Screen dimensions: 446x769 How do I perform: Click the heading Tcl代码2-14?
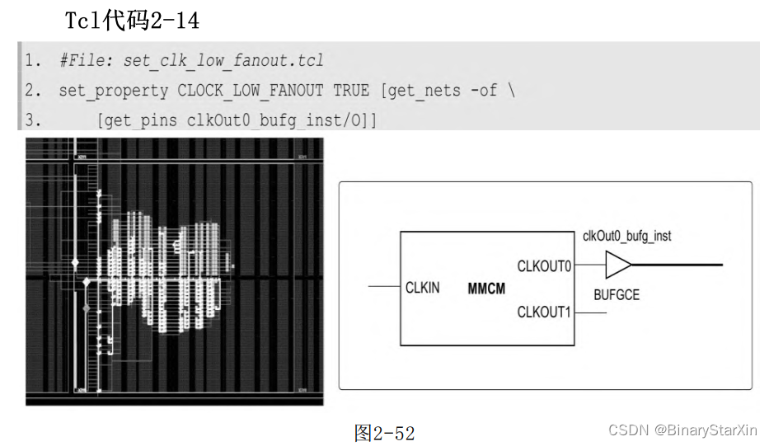(132, 21)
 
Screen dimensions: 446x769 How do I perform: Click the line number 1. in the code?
(32, 61)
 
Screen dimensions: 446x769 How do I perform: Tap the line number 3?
(32, 120)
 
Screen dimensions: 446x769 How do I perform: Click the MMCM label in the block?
(486, 289)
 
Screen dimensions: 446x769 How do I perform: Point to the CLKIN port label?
(422, 288)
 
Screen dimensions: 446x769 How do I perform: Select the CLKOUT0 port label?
(544, 266)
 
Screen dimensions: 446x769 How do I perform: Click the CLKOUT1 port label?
(544, 312)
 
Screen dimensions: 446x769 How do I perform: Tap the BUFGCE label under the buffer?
(617, 294)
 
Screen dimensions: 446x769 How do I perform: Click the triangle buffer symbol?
(617, 265)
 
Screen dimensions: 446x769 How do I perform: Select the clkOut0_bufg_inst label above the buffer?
(626, 236)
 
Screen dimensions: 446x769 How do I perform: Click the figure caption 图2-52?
(384, 432)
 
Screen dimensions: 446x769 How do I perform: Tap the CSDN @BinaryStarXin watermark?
(683, 430)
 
